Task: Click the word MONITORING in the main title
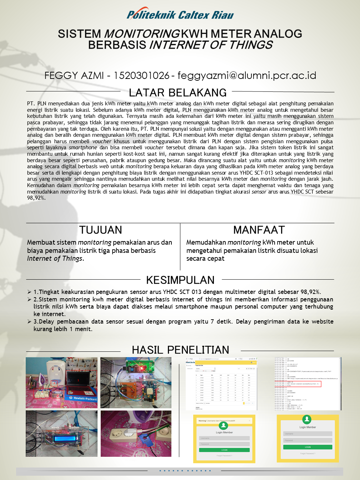click(142, 34)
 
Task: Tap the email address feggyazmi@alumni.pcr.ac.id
click(247, 75)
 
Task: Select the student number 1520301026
click(141, 75)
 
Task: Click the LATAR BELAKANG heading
click(177, 92)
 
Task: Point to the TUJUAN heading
click(100, 230)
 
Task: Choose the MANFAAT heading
click(259, 230)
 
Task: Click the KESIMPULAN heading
click(180, 280)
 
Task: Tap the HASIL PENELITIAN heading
click(180, 350)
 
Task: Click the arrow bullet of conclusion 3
click(29, 321)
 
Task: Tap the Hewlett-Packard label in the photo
click(85, 399)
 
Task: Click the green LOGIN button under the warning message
click(224, 450)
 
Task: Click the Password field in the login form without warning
click(307, 440)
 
